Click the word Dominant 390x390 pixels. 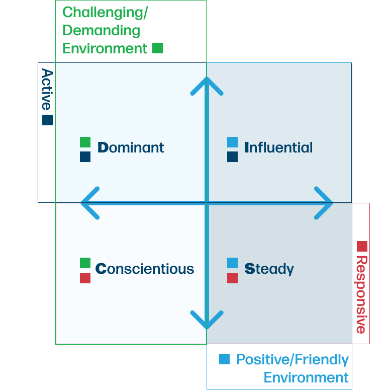131,147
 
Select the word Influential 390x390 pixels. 278,147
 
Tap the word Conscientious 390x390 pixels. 145,269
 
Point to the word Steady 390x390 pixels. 269,269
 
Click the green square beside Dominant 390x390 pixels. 85,142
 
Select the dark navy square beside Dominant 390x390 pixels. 85,157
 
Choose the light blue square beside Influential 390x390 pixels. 232,142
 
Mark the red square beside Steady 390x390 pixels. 232,278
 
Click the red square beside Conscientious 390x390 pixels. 85,278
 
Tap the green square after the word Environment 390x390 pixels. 157,48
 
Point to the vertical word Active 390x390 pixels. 47,89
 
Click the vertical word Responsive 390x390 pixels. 361,294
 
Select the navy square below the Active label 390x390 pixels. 47,120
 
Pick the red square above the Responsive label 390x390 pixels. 362,246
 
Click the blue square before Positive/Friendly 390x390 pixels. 224,359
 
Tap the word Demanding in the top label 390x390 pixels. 101,30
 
